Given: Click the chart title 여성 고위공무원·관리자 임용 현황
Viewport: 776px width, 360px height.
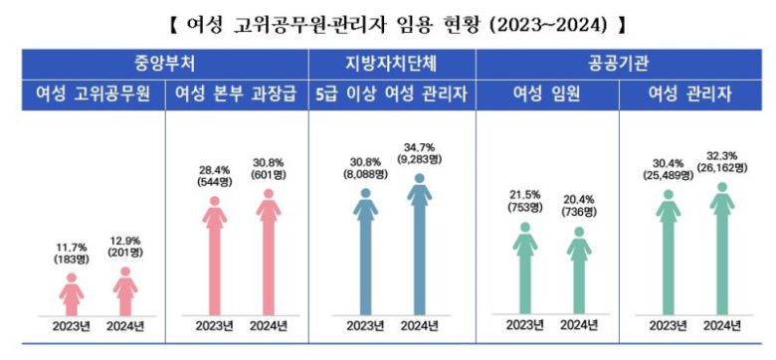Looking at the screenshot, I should coord(389,21).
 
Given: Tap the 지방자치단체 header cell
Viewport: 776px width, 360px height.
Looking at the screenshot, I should coord(392,60).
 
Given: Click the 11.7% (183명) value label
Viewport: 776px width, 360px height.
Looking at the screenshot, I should coord(71,254).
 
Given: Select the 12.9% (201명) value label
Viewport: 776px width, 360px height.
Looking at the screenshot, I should coord(125,249).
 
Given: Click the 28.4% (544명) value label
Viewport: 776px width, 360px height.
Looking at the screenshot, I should coord(215,176).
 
